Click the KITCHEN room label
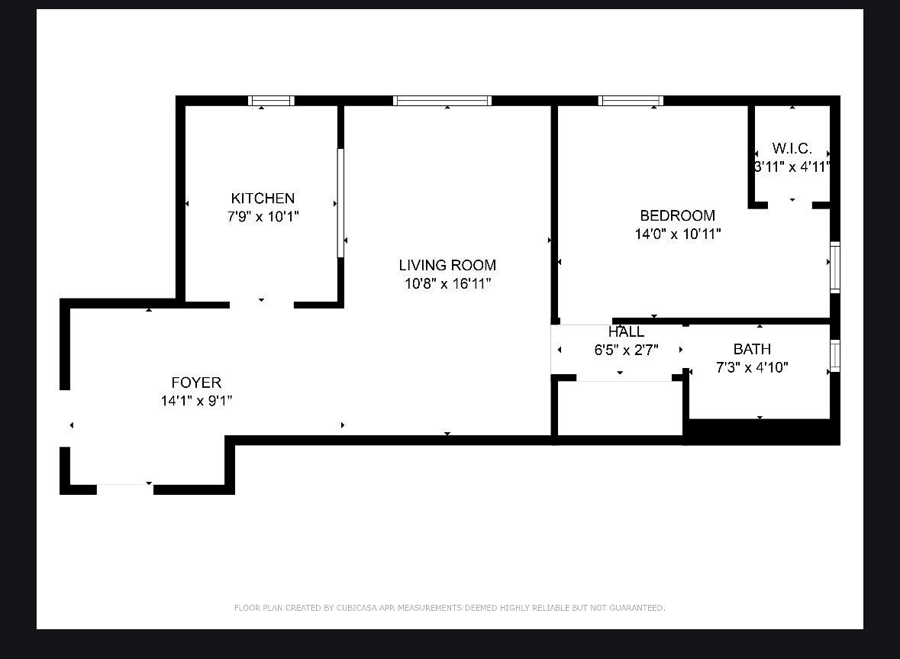pos(263,199)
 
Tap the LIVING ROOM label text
pos(447,265)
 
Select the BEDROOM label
pos(677,216)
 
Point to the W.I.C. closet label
pos(792,148)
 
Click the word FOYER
pos(196,383)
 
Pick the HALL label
pos(626,332)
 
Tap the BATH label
pos(752,349)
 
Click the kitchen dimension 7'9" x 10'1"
pos(263,217)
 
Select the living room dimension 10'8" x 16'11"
pos(447,284)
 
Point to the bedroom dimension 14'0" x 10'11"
pos(677,234)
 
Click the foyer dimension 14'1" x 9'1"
pos(196,401)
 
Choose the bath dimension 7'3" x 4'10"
pos(752,367)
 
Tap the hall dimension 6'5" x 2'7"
pos(626,350)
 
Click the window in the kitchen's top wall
pos(271,101)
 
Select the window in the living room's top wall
pos(442,101)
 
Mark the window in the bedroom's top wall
pos(631,101)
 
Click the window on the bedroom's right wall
pos(835,267)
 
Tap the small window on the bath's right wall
pos(835,356)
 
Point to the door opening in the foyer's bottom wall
pos(124,489)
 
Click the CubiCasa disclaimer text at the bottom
pos(450,608)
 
